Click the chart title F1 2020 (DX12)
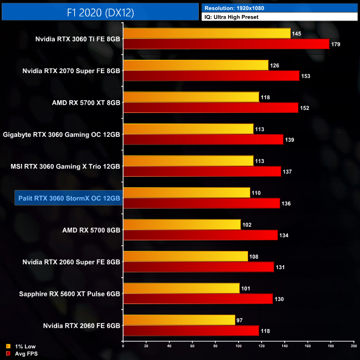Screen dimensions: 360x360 click(x=100, y=11)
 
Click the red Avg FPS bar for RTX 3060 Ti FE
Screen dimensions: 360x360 click(x=226, y=44)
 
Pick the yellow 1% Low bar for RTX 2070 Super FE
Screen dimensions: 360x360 click(x=196, y=65)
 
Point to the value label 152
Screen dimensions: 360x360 click(x=305, y=108)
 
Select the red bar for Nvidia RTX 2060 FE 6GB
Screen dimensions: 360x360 click(x=191, y=331)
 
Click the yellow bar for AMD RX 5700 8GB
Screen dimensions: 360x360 click(x=182, y=224)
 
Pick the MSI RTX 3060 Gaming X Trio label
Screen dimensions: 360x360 click(x=65, y=166)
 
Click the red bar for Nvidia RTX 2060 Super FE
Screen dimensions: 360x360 click(x=198, y=267)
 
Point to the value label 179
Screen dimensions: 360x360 click(x=336, y=44)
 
